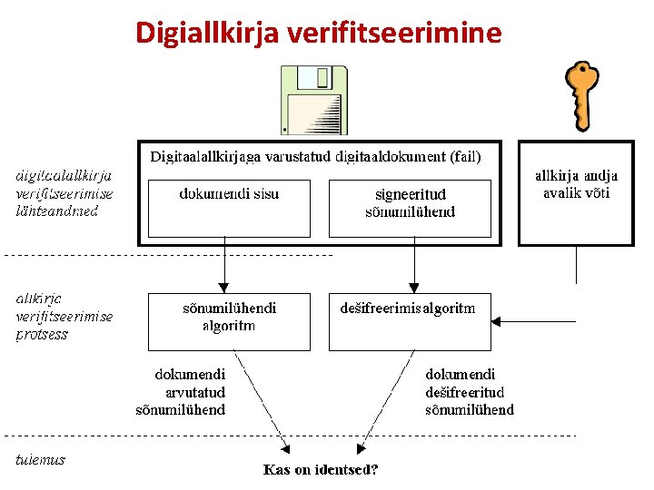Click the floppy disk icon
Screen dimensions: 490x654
pyautogui.click(x=313, y=100)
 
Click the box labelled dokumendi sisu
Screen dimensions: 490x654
pyautogui.click(x=229, y=208)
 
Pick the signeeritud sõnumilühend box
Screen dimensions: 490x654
pyautogui.click(x=410, y=208)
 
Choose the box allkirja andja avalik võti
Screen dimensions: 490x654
pyautogui.click(x=576, y=192)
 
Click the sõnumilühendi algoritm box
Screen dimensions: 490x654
pyautogui.click(x=229, y=321)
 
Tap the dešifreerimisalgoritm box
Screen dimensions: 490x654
pyautogui.click(x=410, y=321)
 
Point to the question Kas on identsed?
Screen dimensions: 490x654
pyautogui.click(x=321, y=469)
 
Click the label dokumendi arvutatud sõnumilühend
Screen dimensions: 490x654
pyautogui.click(x=190, y=392)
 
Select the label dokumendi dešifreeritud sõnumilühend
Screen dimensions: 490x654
pyautogui.click(x=469, y=392)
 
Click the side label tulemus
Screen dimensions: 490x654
pyautogui.click(x=41, y=459)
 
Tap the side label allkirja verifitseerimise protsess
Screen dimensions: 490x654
pyautogui.click(x=64, y=316)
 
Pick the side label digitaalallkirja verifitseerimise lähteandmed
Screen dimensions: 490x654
pyautogui.click(x=64, y=192)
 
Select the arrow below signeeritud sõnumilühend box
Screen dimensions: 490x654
pyautogui.click(x=414, y=268)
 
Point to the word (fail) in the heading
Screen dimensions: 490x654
pyautogui.click(x=465, y=156)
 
